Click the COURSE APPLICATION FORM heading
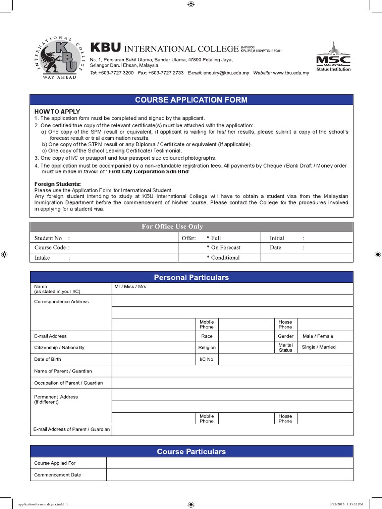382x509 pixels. tap(191, 100)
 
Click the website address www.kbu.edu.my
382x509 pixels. tap(290, 73)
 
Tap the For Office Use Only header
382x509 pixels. tap(172, 227)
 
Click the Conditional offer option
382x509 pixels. tap(224, 258)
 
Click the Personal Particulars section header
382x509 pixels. tap(191, 277)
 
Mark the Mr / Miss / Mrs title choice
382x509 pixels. tap(130, 287)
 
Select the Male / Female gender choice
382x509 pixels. tap(318, 336)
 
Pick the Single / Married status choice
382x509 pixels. tap(319, 347)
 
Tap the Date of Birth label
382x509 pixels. tap(48, 359)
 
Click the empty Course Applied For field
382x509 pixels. tap(229, 463)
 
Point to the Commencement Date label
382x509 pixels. tap(57, 475)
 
